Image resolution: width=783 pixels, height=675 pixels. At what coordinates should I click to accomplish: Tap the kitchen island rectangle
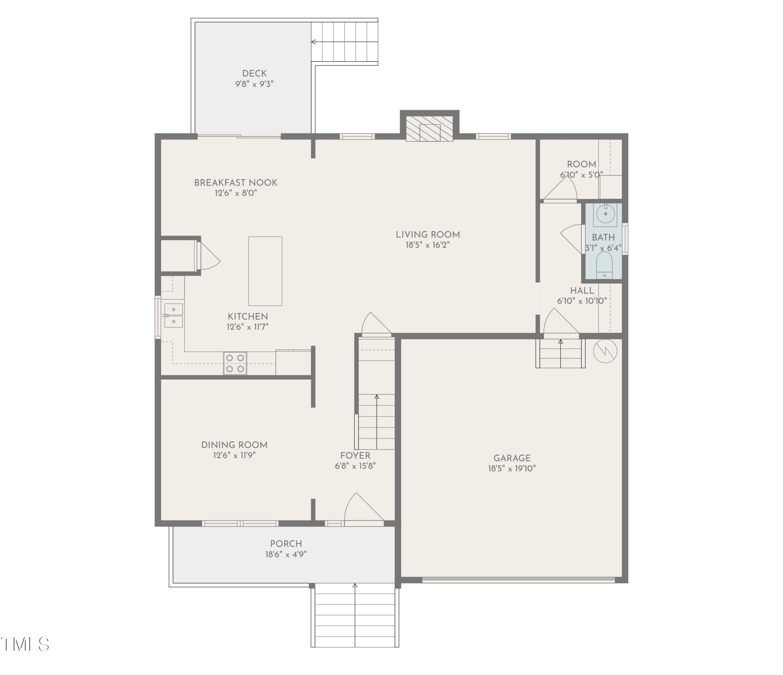[x=265, y=271]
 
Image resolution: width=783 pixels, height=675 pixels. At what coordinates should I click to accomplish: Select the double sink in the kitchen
[x=174, y=315]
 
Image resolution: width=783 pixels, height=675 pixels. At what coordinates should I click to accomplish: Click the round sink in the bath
[x=605, y=215]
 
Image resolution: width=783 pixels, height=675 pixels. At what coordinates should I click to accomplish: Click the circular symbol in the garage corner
[x=605, y=351]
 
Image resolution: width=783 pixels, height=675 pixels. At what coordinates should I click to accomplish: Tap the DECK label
[x=254, y=73]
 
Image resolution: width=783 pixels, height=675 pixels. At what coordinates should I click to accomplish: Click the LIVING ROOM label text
[x=428, y=235]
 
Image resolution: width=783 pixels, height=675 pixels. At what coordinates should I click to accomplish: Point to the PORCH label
[x=286, y=544]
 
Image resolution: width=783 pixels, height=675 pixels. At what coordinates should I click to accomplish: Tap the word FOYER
[x=355, y=455]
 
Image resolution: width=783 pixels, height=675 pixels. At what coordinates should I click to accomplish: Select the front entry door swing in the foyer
[x=364, y=508]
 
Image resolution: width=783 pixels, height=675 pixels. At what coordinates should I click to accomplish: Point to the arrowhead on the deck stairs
[x=313, y=42]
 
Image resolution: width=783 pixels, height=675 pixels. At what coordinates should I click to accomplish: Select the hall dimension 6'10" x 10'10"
[x=582, y=301]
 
